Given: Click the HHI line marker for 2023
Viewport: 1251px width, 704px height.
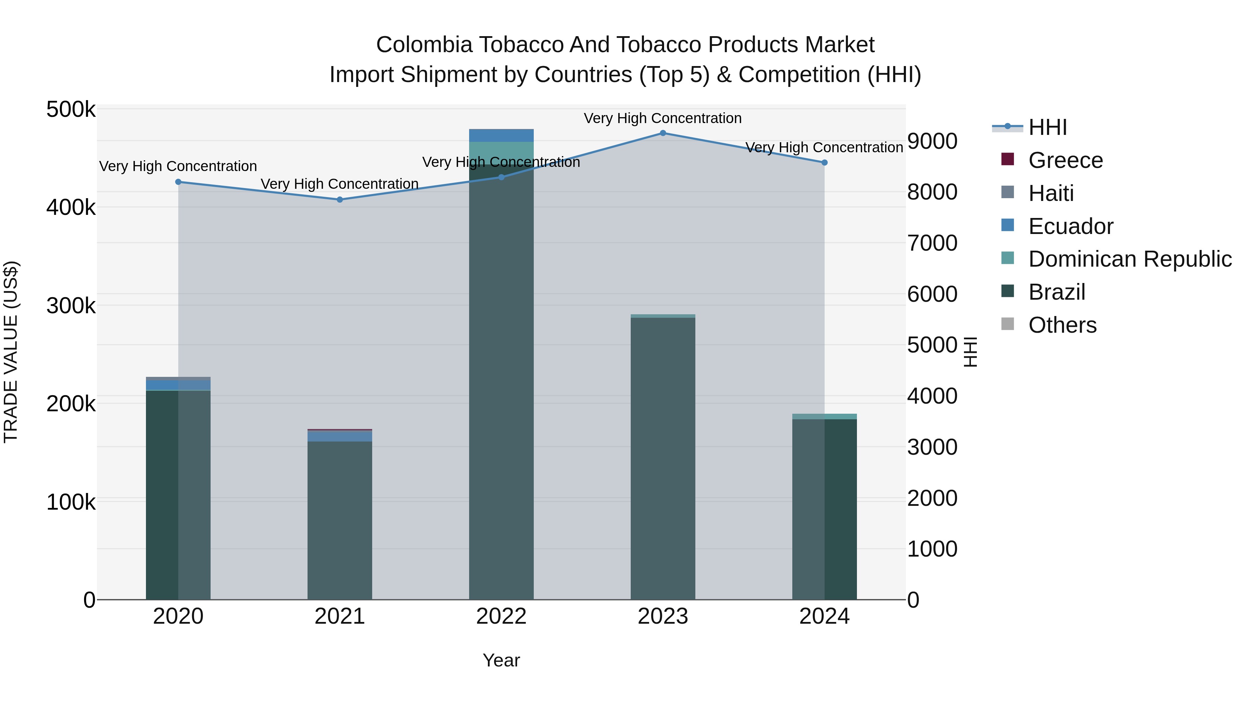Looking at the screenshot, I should [663, 133].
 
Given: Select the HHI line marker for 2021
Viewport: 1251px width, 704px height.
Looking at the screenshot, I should [340, 200].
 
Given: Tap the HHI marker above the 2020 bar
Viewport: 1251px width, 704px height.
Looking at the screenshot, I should [178, 182].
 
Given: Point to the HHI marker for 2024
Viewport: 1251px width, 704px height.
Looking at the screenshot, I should [825, 163].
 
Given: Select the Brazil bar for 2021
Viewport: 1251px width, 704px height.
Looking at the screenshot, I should [340, 520].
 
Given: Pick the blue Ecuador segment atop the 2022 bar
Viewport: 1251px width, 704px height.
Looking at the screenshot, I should [501, 136].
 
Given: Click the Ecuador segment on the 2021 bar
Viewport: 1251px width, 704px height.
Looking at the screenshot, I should [340, 436].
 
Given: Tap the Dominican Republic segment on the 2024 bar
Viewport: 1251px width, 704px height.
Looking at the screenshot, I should [825, 416].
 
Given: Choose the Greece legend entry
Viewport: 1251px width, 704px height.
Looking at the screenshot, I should [1065, 160].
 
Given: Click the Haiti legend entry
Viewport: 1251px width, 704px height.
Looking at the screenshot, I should [1050, 193].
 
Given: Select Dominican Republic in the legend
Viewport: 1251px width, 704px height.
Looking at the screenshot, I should [1130, 259].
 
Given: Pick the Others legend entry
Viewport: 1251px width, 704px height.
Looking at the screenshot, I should [1062, 325].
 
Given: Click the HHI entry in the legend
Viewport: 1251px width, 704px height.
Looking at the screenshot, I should [1047, 127].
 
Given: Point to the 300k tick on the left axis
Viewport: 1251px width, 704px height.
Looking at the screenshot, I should [71, 306].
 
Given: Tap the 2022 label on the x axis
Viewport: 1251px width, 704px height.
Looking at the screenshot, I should [501, 616].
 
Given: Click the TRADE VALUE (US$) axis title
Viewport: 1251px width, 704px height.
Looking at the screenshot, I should [11, 352].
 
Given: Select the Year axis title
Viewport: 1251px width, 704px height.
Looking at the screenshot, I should [501, 660].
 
